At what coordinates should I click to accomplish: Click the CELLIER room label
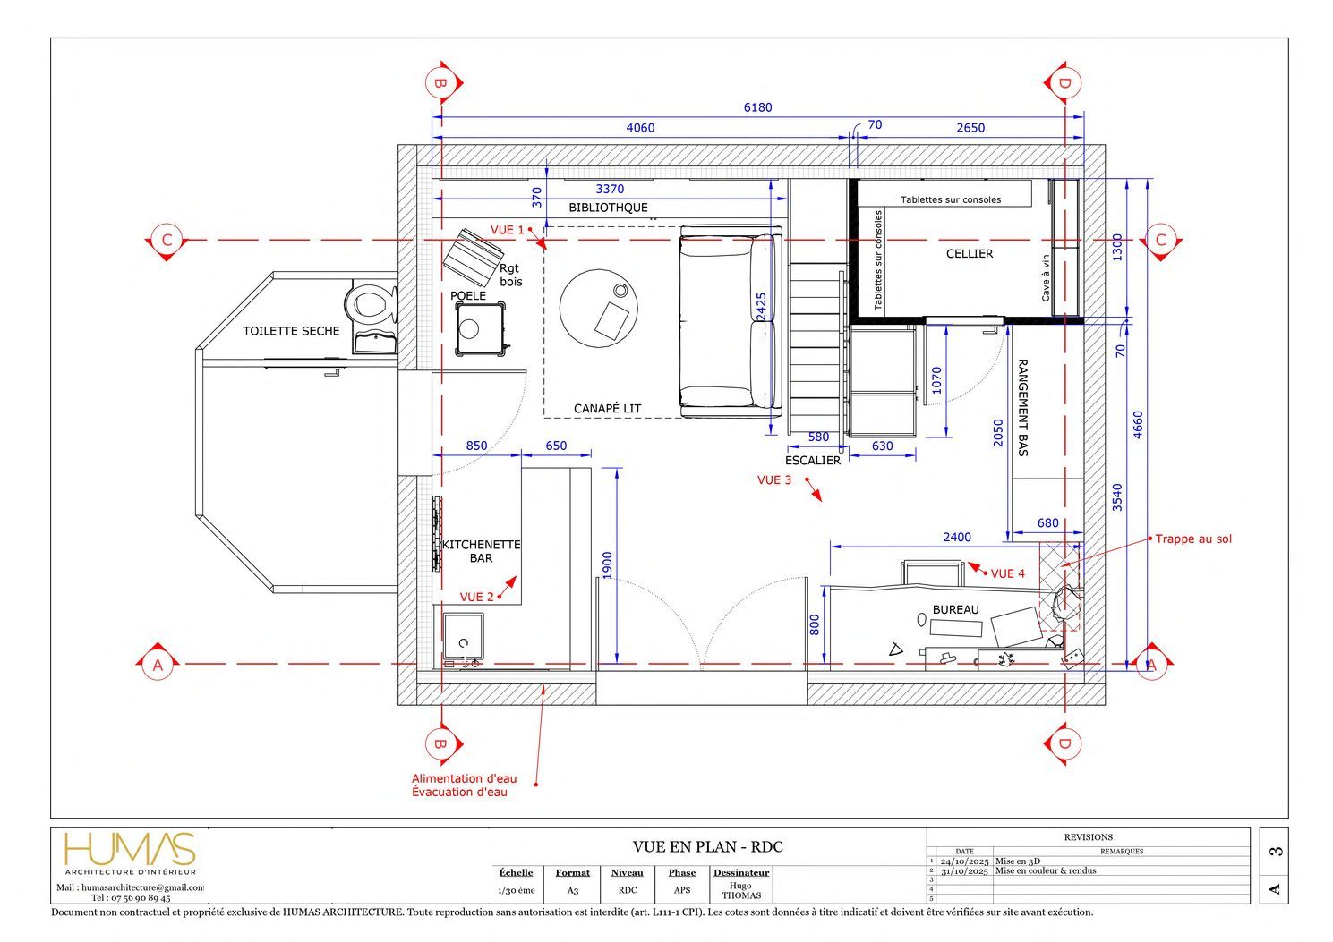tap(970, 254)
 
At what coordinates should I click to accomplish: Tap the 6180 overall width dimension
tap(757, 107)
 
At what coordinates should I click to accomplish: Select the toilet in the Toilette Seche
tap(372, 304)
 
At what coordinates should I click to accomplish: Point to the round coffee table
tap(599, 309)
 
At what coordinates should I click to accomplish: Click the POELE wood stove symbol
tap(481, 329)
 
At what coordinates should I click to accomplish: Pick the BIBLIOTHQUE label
tap(608, 208)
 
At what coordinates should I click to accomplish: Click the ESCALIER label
tap(812, 461)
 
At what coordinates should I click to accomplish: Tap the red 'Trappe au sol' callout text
tap(1193, 539)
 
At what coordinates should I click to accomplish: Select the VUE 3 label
tap(774, 479)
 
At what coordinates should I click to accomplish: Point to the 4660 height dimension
tap(1137, 425)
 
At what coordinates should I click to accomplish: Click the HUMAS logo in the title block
tap(130, 849)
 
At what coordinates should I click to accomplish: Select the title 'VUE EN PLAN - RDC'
tap(707, 847)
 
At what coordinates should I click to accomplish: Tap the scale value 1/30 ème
tap(517, 890)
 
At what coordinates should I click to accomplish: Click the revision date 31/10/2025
tap(964, 871)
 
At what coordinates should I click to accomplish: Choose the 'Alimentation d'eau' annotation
tap(464, 778)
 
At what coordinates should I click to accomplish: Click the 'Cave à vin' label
tap(1046, 278)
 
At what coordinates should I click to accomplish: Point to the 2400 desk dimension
tap(957, 537)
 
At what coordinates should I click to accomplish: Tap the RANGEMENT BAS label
tap(1023, 408)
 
